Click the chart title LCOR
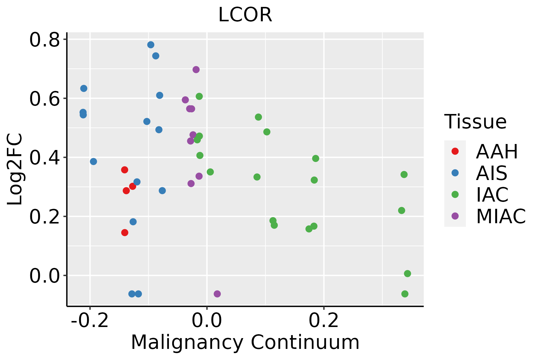coord(245,15)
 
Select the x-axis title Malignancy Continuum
coord(245,342)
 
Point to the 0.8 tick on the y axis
coord(44,40)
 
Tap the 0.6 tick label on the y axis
coord(44,99)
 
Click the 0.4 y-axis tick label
coord(44,158)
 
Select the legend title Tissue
coord(475,122)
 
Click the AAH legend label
coord(497,152)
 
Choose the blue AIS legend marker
coord(455,173)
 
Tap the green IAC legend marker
coord(455,194)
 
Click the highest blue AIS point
coord(151,45)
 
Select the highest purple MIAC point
coord(196,70)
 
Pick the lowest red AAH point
coord(125,232)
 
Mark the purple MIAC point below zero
coord(217,294)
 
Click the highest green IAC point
coord(199,96)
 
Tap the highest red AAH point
coord(124,170)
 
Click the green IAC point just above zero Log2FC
coord(407,274)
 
